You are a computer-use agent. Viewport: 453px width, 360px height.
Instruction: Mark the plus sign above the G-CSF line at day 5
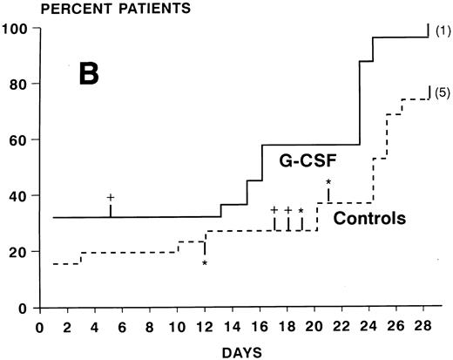click(x=110, y=198)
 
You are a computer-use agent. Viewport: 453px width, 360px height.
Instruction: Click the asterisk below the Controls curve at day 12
click(x=205, y=262)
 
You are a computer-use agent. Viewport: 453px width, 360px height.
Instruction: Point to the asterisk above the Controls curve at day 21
click(x=328, y=182)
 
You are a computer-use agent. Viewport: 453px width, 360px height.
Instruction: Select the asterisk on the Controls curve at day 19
click(x=301, y=211)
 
